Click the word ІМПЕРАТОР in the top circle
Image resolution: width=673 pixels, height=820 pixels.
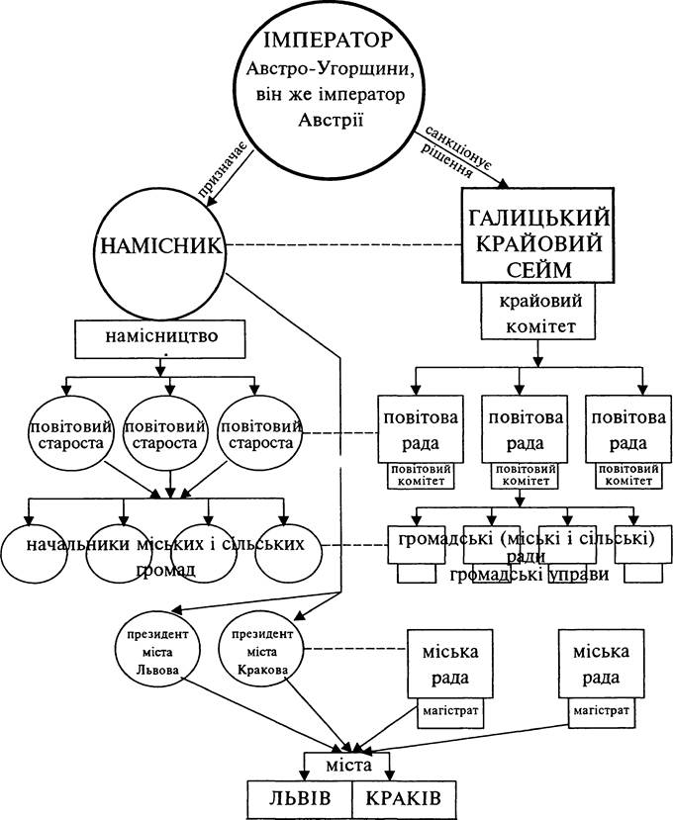[x=329, y=40]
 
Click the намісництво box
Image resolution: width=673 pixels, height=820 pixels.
[x=160, y=339]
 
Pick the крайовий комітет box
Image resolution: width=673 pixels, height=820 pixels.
[x=539, y=312]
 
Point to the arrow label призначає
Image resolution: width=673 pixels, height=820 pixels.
[x=223, y=170]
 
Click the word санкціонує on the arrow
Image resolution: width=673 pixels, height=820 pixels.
[x=458, y=147]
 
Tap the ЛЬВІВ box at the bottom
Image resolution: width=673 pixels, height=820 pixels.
[x=300, y=799]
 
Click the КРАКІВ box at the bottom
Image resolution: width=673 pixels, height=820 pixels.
[x=404, y=799]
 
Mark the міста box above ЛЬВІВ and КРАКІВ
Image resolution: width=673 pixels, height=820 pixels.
[x=348, y=767]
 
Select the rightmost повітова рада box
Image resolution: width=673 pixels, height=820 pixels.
[x=628, y=429]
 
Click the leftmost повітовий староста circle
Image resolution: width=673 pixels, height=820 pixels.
[x=71, y=433]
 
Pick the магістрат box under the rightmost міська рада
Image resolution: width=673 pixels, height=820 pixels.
[x=602, y=713]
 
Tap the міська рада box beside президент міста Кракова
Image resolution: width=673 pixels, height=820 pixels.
[x=450, y=664]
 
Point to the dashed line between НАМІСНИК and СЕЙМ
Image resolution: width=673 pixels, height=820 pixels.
[x=343, y=245]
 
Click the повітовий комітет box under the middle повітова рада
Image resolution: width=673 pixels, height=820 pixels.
[x=525, y=476]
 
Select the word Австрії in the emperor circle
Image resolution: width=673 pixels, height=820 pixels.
[x=331, y=120]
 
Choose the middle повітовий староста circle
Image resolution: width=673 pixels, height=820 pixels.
[x=166, y=433]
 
